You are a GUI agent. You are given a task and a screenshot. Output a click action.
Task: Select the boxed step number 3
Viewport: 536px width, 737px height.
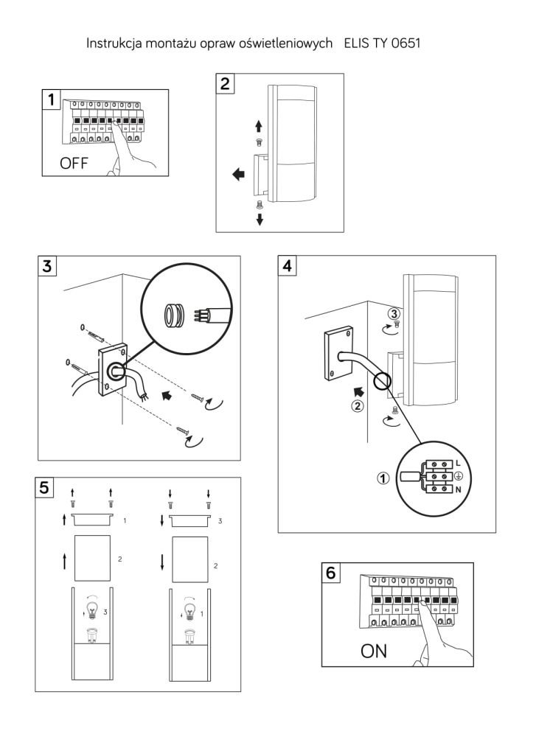pos(49,268)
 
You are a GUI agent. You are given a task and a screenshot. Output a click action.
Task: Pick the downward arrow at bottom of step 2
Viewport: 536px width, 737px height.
pos(260,220)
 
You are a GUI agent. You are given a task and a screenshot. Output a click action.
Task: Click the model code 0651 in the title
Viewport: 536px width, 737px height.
pos(404,44)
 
